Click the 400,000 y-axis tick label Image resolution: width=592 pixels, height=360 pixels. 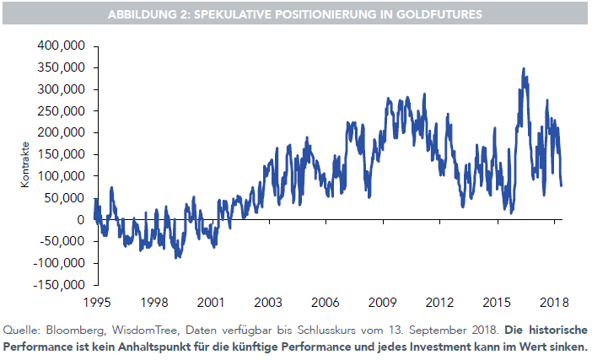pyautogui.click(x=62, y=46)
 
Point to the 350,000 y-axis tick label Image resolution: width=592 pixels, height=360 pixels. pyautogui.click(x=62, y=67)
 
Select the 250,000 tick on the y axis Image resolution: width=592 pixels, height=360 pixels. pyautogui.click(x=62, y=111)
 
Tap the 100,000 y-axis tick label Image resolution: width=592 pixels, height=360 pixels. pyautogui.click(x=62, y=176)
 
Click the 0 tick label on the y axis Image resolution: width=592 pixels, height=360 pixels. pyautogui.click(x=81, y=220)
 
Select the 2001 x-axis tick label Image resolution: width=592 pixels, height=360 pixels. pyautogui.click(x=210, y=302)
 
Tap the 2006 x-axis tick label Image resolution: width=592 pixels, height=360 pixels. pyautogui.click(x=326, y=302)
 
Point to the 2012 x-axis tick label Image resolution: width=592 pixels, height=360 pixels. pyautogui.click(x=440, y=302)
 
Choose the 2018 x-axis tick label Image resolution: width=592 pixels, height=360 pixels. pyautogui.click(x=553, y=302)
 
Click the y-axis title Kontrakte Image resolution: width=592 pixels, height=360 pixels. pyautogui.click(x=26, y=166)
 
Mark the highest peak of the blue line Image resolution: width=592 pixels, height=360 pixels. pyautogui.click(x=524, y=69)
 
